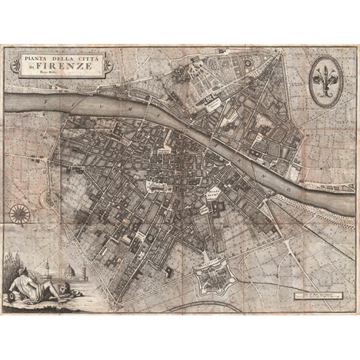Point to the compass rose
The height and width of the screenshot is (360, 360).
point(20,214)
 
